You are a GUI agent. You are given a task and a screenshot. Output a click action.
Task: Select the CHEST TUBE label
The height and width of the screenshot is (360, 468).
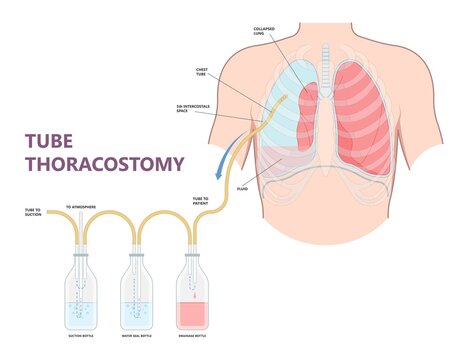tap(207, 72)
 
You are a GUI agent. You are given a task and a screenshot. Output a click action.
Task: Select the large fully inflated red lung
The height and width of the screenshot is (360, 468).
tap(362, 115)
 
